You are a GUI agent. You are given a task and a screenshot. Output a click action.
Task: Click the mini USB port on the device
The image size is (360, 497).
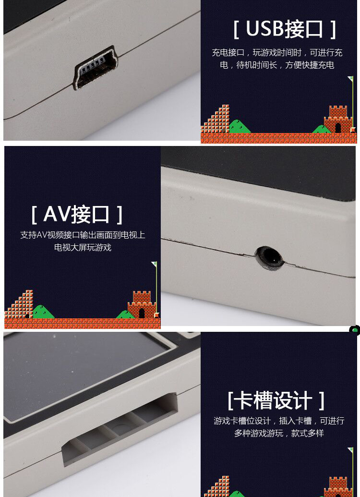(96, 69)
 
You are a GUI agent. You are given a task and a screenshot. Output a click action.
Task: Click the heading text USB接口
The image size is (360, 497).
(284, 29)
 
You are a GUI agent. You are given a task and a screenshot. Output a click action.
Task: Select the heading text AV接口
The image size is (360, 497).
(77, 214)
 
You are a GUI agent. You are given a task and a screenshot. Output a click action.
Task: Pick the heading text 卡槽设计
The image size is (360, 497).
(276, 400)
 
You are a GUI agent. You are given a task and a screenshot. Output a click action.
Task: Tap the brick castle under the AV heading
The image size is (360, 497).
(142, 304)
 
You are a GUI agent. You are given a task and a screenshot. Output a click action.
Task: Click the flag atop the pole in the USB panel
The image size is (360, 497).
(350, 79)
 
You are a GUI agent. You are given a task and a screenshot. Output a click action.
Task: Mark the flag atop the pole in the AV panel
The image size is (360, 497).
(154, 264)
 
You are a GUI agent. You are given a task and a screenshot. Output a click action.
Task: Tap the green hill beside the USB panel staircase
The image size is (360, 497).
(238, 127)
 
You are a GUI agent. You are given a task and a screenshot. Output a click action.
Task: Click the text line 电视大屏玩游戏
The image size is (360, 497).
(83, 248)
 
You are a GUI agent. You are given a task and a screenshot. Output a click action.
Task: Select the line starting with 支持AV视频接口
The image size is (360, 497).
(83, 235)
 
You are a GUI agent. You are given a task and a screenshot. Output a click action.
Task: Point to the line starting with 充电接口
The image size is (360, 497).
(277, 52)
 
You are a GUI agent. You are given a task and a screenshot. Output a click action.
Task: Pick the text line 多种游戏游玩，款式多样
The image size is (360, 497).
(279, 433)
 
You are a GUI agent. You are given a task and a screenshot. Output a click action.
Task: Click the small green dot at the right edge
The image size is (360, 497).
(355, 330)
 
